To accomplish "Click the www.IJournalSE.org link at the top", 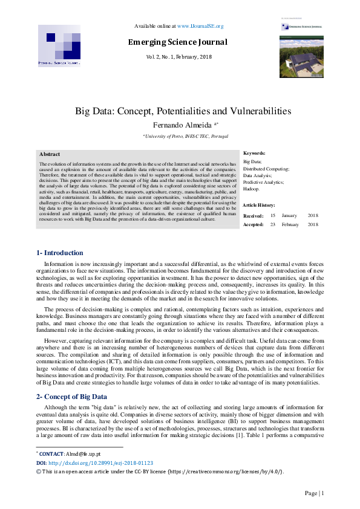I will click(x=200, y=26).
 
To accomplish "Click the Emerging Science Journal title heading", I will click(x=178, y=42).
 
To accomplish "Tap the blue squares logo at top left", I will click(x=59, y=45).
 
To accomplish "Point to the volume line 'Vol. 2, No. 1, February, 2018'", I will click(x=178, y=56).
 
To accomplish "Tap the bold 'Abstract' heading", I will click(x=50, y=154).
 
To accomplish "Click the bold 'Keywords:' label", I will click(x=254, y=154).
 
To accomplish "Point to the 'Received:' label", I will click(x=253, y=216).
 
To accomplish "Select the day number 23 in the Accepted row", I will click(x=273, y=225).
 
